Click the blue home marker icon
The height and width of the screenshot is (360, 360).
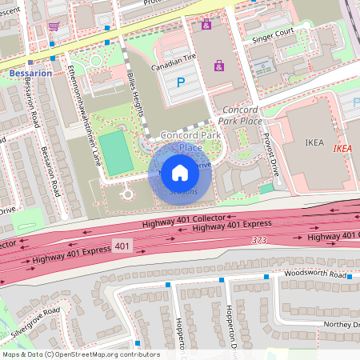[180, 172]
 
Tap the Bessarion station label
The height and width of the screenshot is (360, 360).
[31, 74]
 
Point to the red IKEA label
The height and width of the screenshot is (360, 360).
[342, 148]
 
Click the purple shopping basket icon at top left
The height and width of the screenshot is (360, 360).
[54, 26]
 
